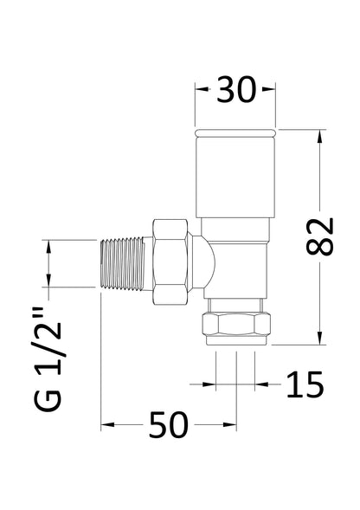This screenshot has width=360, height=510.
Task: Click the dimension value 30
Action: (235, 91)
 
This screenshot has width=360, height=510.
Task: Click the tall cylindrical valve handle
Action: (235, 182)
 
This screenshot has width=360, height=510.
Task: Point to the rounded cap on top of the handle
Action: (235, 133)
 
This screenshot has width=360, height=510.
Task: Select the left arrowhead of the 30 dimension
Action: (200, 89)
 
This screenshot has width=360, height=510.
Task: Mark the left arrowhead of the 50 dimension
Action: (107, 426)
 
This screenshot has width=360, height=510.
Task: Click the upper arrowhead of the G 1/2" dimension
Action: (49, 245)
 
